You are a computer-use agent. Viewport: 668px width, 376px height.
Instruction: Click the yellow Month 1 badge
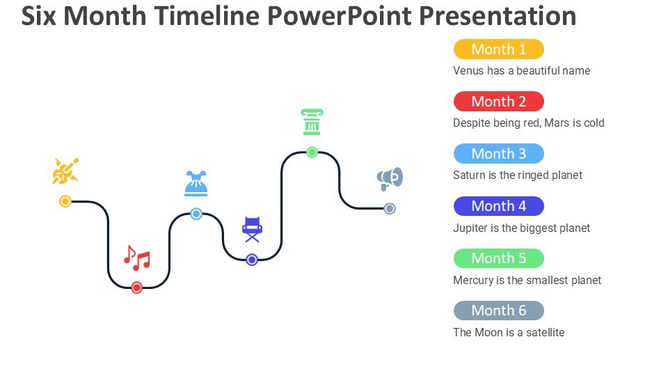point(498,49)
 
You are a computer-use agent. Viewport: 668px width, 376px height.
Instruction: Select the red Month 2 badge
point(498,102)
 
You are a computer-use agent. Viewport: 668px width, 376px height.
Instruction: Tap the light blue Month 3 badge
point(498,153)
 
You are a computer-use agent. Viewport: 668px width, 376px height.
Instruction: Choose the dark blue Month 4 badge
point(498,206)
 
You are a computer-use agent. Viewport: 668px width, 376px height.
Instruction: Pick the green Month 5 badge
point(498,258)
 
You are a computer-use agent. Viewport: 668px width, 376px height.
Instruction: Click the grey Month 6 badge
point(498,311)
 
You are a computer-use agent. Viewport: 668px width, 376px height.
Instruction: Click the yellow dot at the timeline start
point(65,201)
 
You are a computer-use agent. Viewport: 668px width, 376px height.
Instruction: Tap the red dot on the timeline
point(137,288)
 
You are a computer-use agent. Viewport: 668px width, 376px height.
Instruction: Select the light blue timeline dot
point(196,214)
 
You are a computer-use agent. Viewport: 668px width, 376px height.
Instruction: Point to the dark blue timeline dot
point(252,260)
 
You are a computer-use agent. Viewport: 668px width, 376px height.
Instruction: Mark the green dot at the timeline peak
point(312,152)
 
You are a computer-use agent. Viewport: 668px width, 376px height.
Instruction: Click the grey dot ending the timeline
point(390,208)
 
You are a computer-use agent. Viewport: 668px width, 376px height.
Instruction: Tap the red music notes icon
point(137,258)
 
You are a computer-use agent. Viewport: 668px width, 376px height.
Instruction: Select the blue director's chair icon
point(252,229)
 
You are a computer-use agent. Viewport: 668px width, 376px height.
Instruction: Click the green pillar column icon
point(312,122)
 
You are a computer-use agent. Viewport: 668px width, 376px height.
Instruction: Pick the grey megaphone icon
point(390,179)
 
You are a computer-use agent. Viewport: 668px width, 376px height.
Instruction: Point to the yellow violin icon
point(65,171)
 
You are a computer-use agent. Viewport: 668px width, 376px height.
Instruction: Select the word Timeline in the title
point(207,16)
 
